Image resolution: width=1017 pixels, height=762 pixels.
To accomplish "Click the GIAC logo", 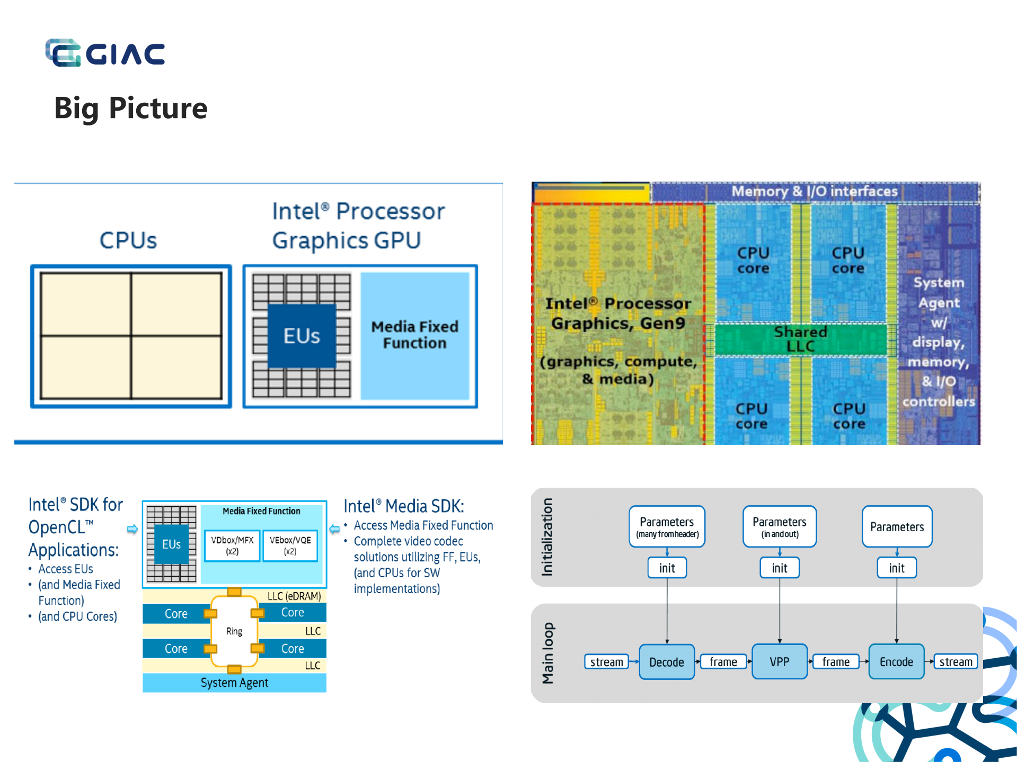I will [x=105, y=53].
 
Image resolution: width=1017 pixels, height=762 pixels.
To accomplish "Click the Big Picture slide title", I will [x=130, y=108].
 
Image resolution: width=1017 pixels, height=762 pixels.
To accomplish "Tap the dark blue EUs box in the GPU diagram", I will [x=302, y=336].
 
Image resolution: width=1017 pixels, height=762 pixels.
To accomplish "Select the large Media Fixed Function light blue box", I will [x=415, y=335].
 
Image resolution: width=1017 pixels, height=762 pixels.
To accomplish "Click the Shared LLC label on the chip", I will [x=800, y=339].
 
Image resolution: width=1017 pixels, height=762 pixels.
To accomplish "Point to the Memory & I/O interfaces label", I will [x=815, y=191].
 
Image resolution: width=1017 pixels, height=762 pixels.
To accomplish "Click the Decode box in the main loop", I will [x=667, y=662].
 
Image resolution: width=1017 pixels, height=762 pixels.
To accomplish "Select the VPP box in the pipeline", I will [x=780, y=662].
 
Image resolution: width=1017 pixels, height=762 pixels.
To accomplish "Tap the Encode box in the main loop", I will [x=896, y=662].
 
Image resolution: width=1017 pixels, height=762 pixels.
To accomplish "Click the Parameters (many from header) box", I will [x=667, y=526].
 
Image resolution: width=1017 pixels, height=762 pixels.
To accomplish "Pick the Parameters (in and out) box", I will [x=780, y=526].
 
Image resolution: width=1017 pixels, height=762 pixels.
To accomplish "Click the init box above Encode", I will [x=897, y=568].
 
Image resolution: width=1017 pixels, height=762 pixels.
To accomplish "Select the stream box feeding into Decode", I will [x=607, y=662].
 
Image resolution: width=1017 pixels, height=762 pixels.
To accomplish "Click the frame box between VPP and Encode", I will [x=836, y=662].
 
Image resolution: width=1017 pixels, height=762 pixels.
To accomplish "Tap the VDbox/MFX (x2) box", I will [x=232, y=545].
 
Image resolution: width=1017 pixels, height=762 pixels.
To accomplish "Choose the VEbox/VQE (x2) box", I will [x=290, y=545].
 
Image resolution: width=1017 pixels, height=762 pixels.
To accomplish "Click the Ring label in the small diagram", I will [x=234, y=631].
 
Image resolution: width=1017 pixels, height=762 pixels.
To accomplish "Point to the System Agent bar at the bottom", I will [x=234, y=683].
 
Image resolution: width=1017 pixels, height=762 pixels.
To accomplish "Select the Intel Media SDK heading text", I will [x=404, y=506].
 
